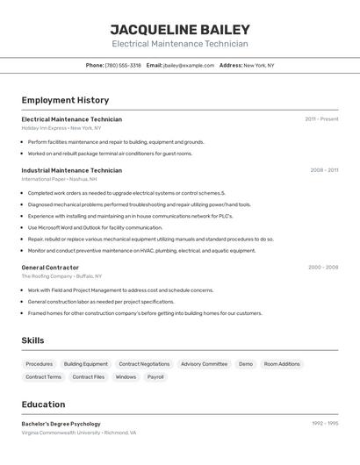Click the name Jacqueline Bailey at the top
tap(180, 29)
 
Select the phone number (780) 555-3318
tap(123, 65)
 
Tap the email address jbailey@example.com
tap(189, 65)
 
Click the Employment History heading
tap(65, 100)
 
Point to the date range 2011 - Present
tap(321, 119)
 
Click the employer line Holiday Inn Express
tap(61, 128)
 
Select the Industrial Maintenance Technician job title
tap(72, 170)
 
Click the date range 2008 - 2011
tap(324, 170)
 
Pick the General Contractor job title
tap(50, 267)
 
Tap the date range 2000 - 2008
tap(323, 267)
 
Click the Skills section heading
tap(32, 340)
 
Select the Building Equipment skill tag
tap(86, 364)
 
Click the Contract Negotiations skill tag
tap(144, 364)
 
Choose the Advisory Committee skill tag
tap(204, 364)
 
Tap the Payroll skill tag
tap(155, 377)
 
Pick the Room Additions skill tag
tap(282, 364)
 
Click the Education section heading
tap(43, 404)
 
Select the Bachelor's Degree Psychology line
tap(61, 424)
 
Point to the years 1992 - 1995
tap(325, 424)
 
